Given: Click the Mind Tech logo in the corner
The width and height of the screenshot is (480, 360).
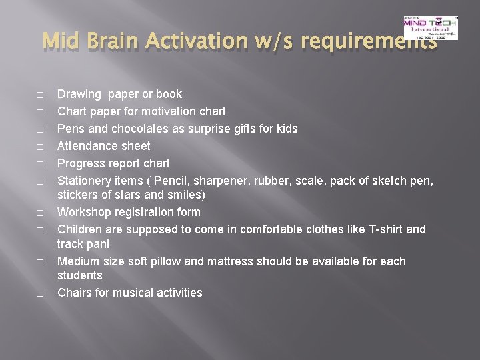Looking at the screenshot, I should coord(431,27).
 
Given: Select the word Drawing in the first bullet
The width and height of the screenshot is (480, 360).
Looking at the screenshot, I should coord(78,94).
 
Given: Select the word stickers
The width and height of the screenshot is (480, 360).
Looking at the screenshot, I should coord(78,195).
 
